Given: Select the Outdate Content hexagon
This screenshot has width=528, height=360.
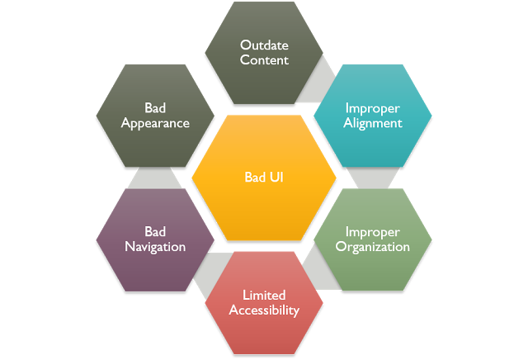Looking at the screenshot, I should click(264, 52).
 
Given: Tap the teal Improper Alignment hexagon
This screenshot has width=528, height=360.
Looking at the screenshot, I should click(373, 116).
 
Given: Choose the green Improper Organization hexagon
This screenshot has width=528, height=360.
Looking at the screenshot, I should click(373, 239).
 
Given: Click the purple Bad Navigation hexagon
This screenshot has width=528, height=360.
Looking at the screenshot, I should click(155, 239).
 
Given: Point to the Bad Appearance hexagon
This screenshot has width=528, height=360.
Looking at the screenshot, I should click(155, 116).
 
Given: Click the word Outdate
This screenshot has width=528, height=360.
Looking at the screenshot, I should click(264, 45).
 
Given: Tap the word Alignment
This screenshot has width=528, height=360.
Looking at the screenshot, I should click(373, 124).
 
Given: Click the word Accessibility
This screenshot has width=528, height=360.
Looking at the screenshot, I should click(264, 310).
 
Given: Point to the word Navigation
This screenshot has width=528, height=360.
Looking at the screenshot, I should click(155, 247).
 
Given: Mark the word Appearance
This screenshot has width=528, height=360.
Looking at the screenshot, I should click(155, 124).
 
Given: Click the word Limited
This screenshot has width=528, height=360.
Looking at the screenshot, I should click(264, 295).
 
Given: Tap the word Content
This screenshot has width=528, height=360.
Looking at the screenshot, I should click(264, 60).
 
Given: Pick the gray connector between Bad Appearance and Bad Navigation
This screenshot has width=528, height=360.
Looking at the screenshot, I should click(154, 178).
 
